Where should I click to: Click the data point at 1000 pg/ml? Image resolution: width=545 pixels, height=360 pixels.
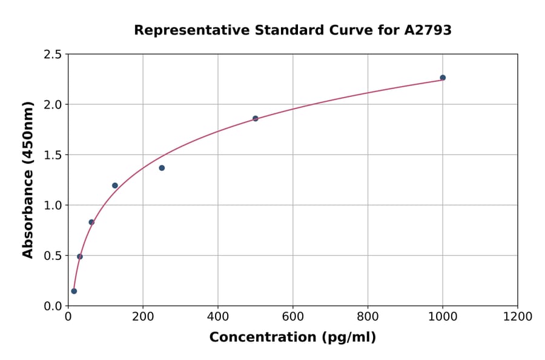click(443, 78)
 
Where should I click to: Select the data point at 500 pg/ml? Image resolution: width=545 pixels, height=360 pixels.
click(256, 118)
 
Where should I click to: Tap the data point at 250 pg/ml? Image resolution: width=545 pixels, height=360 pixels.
click(162, 168)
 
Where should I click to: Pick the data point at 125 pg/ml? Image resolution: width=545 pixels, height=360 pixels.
click(115, 185)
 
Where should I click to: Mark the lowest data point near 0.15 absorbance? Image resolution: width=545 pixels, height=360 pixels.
click(74, 291)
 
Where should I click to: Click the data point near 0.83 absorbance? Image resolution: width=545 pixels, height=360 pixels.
click(91, 222)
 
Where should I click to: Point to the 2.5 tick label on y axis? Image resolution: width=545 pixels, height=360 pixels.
click(53, 55)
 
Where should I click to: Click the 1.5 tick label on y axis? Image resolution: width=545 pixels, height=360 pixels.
click(53, 155)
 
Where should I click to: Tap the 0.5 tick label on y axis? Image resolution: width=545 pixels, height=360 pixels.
click(53, 256)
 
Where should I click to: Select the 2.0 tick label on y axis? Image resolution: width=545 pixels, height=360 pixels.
click(53, 105)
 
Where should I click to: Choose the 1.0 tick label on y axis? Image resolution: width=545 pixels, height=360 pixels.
click(53, 205)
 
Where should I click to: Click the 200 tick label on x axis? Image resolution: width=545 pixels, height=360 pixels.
click(143, 316)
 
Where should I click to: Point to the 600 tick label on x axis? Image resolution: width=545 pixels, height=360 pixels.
click(293, 316)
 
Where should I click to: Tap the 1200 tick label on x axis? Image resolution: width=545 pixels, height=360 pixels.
click(518, 316)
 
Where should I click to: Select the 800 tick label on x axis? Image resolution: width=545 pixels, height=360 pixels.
click(368, 316)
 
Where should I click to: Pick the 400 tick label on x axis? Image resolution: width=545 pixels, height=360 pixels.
click(218, 316)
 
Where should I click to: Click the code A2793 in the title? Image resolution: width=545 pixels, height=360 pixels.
click(428, 30)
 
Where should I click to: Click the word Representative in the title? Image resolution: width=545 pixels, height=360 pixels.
click(182, 30)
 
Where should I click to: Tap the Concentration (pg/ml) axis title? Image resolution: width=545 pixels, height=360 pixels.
click(292, 338)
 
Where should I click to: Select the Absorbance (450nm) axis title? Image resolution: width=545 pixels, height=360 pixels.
click(28, 179)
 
